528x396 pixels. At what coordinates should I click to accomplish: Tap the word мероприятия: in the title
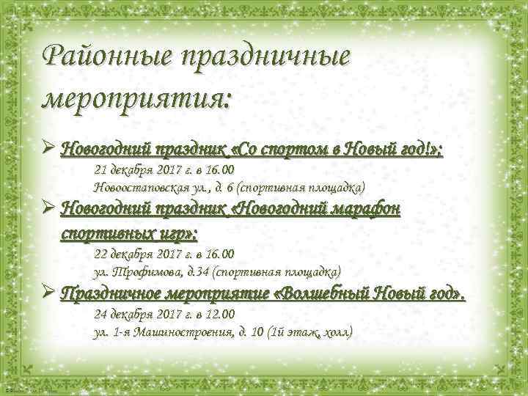(137, 98)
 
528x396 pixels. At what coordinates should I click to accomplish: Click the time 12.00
(219, 315)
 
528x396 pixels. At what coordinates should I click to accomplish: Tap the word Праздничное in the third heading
(110, 296)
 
